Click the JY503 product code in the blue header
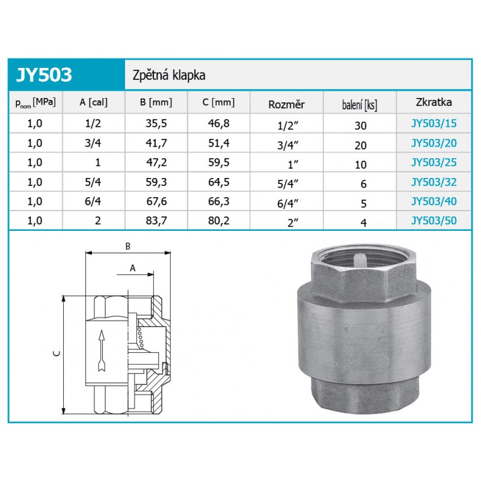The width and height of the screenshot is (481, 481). click(44, 75)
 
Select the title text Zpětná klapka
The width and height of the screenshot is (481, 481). click(169, 75)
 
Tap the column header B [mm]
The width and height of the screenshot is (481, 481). click(156, 102)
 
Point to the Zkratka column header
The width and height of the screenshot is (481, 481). click(434, 102)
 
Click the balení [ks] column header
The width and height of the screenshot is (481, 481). click(360, 105)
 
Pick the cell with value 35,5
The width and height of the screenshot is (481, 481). click(156, 123)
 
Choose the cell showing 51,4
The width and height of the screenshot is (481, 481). click(219, 143)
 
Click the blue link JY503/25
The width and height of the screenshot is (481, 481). click(434, 162)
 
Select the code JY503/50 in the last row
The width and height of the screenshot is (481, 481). click(434, 221)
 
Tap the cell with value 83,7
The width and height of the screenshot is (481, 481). click(156, 221)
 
